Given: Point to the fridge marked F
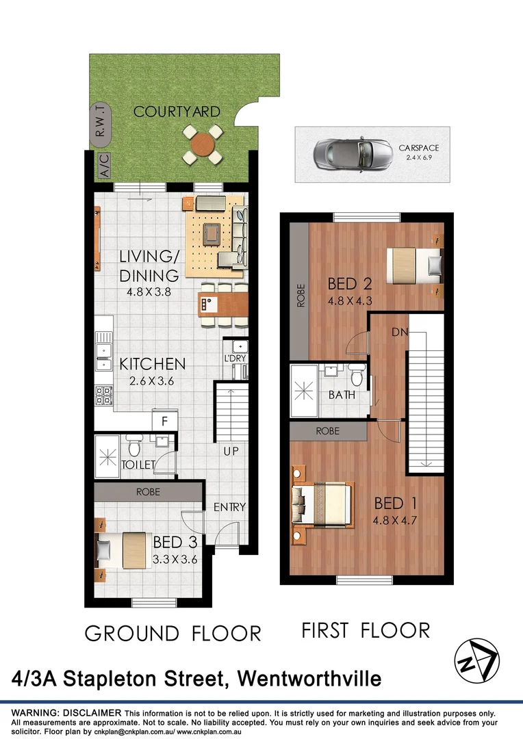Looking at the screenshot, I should [x=164, y=420].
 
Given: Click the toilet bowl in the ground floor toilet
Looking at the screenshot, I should [x=134, y=448].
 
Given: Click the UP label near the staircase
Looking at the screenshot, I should [x=230, y=452].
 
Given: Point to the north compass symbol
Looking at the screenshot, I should [x=477, y=659].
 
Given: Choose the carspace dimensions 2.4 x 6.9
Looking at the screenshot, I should [x=420, y=157].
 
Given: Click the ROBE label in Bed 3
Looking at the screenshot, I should [x=148, y=491].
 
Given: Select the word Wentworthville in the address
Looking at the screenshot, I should [x=309, y=679].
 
